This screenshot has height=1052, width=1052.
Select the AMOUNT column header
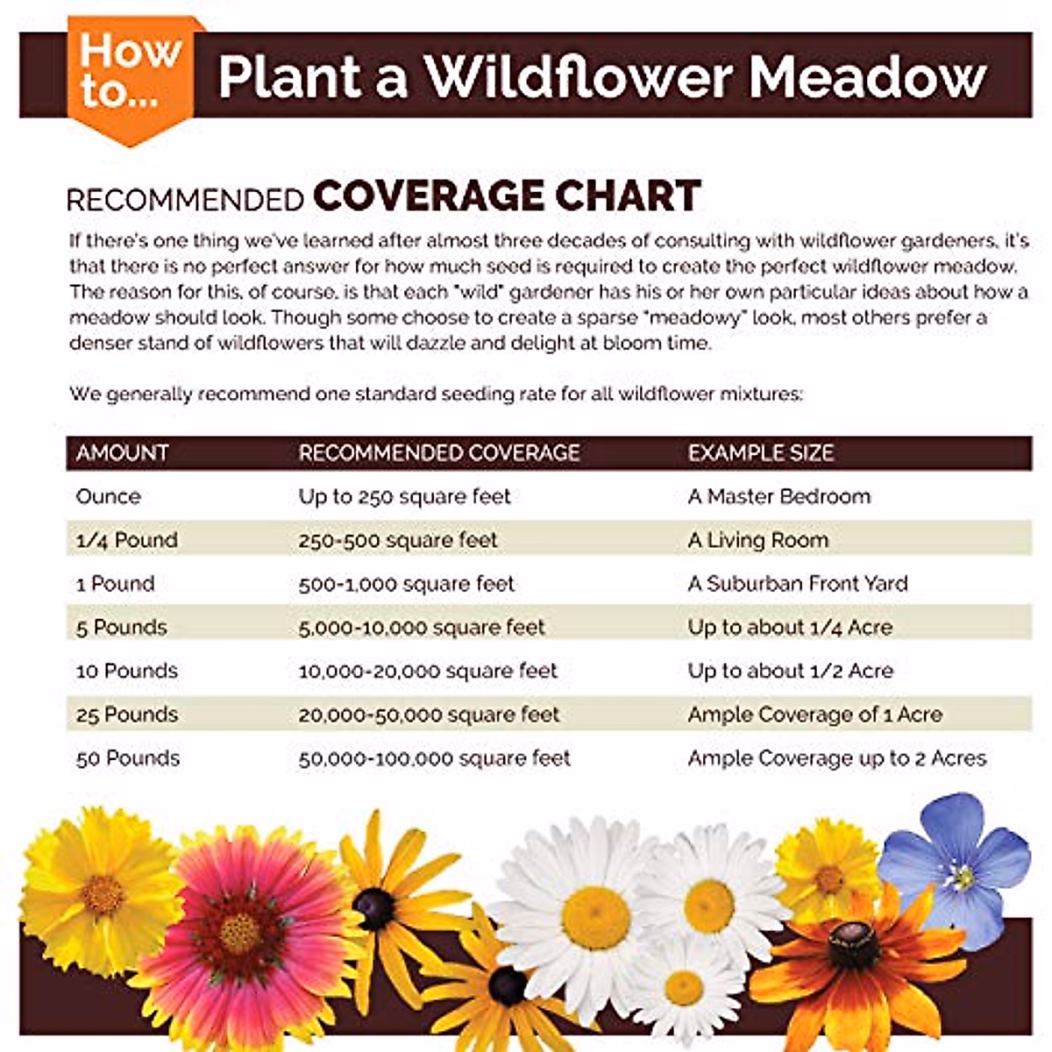click(x=122, y=453)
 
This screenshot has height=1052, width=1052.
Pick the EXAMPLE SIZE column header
click(x=760, y=453)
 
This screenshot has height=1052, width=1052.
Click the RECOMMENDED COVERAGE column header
click(x=439, y=453)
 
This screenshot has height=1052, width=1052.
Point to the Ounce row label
click(x=108, y=497)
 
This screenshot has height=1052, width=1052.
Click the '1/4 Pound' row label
click(x=127, y=540)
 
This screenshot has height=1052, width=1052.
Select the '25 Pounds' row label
click(x=127, y=714)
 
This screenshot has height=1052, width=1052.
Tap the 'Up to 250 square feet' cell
click(x=404, y=497)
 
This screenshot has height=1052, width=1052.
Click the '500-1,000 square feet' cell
click(x=406, y=584)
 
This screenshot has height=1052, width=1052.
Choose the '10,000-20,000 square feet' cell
click(x=428, y=672)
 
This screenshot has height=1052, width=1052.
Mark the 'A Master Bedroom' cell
click(x=779, y=497)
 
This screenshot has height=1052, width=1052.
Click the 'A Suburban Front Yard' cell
click(x=798, y=584)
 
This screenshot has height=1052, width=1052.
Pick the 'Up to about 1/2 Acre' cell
click(x=790, y=672)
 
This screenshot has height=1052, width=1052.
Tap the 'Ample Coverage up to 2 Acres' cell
click(x=837, y=758)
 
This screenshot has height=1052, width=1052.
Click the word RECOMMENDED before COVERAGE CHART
click(x=185, y=200)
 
